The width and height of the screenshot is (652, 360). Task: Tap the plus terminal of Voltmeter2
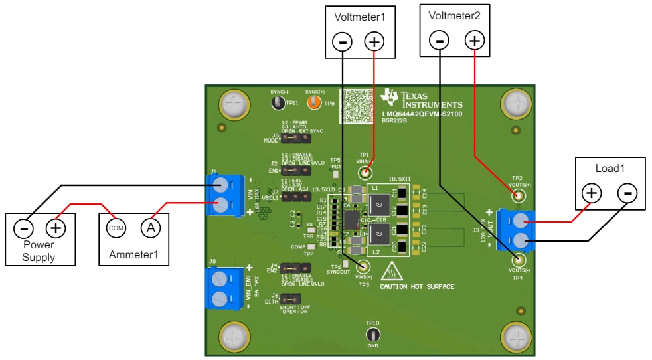click(x=474, y=41)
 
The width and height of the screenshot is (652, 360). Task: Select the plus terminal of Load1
click(x=591, y=193)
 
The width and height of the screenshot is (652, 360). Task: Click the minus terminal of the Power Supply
click(x=23, y=228)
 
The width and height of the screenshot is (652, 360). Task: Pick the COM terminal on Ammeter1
click(x=116, y=228)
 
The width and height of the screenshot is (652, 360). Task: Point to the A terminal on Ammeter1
click(x=151, y=228)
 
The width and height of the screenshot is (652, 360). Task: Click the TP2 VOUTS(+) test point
click(x=518, y=195)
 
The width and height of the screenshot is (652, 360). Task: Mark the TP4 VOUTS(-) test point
click(x=518, y=260)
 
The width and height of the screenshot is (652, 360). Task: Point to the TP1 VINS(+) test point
click(x=364, y=173)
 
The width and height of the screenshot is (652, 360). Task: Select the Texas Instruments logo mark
click(x=390, y=98)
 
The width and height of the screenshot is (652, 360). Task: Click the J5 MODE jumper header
click(x=291, y=139)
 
